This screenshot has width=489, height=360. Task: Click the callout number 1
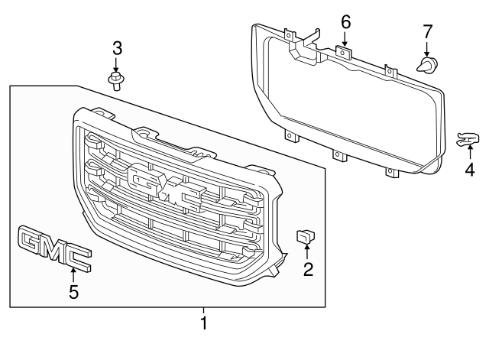[x=204, y=323]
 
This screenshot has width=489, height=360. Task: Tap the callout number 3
[x=117, y=48]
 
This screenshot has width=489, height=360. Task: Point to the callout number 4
[x=469, y=169]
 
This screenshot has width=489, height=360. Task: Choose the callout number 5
[x=73, y=291]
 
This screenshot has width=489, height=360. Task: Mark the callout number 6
[x=345, y=22]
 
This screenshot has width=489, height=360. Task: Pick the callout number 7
[x=427, y=31]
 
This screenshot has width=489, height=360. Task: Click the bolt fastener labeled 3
[x=117, y=79]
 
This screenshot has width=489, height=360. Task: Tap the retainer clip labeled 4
[x=467, y=138]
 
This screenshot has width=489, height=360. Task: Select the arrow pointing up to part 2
[x=307, y=253]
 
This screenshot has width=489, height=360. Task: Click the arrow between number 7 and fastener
[x=427, y=49]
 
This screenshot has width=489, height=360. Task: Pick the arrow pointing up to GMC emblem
[x=73, y=274]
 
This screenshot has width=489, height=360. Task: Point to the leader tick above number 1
[x=204, y=310]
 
